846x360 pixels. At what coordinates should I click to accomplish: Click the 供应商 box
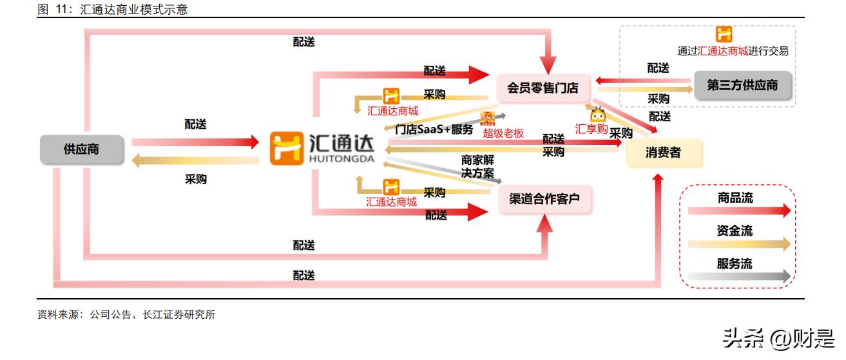(x=81, y=149)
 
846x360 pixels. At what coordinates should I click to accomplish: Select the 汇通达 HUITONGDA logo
(x=322, y=148)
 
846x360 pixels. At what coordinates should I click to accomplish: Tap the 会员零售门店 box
(x=543, y=88)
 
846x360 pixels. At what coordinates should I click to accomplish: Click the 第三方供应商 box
(x=742, y=86)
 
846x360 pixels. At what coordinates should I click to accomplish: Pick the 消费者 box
(x=663, y=153)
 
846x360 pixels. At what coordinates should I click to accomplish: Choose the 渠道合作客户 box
(x=544, y=199)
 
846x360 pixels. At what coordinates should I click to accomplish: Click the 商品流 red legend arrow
(x=738, y=211)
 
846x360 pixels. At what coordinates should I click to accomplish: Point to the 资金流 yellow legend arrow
(x=738, y=243)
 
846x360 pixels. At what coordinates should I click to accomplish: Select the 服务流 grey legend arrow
(x=738, y=276)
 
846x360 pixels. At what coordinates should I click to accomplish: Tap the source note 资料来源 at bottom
(x=126, y=315)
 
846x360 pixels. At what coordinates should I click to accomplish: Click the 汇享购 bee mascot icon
(x=597, y=114)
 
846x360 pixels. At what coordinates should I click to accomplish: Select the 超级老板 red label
(x=503, y=133)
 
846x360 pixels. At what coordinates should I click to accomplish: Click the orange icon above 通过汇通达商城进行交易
(x=724, y=34)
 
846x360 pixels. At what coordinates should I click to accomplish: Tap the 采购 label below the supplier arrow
(x=196, y=180)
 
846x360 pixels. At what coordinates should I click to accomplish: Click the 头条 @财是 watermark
(x=778, y=338)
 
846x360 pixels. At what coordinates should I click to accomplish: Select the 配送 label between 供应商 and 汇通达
(x=196, y=124)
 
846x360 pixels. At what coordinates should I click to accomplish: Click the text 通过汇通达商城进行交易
(x=733, y=52)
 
